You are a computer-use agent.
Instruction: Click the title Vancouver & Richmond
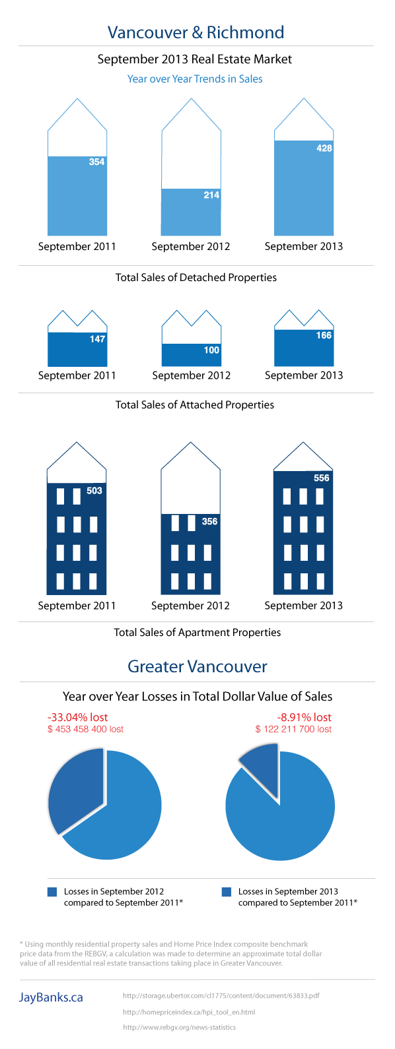(x=196, y=32)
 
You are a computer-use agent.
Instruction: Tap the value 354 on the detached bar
(x=96, y=162)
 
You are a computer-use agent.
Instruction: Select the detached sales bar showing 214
(x=191, y=212)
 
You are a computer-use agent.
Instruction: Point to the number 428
(x=324, y=148)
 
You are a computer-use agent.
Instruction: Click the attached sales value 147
(x=97, y=339)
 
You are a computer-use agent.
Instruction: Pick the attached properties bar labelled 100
(x=191, y=355)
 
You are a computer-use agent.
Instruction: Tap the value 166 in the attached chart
(x=324, y=335)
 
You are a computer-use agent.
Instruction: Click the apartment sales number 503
(x=94, y=491)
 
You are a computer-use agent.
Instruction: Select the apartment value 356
(x=209, y=521)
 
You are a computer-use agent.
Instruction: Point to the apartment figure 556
(x=322, y=478)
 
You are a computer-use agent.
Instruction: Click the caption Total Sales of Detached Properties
(x=196, y=277)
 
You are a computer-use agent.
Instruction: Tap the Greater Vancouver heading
(x=197, y=666)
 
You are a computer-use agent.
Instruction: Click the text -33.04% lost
(x=77, y=717)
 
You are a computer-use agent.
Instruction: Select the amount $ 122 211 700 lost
(x=293, y=729)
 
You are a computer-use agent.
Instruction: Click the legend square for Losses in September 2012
(x=52, y=892)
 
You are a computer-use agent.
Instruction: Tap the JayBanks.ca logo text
(x=51, y=998)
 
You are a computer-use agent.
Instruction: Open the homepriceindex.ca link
(x=188, y=1011)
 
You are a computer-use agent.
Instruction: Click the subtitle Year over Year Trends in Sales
(x=195, y=79)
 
